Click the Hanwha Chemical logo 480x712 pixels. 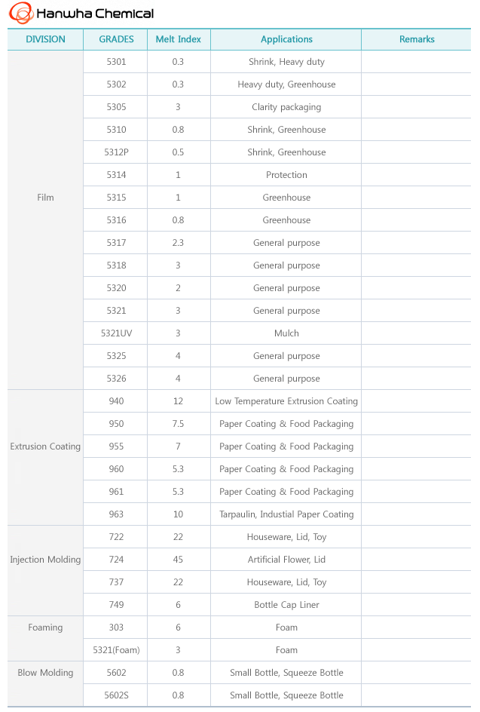(81, 13)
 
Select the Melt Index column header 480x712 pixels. (178, 39)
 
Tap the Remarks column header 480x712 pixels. (417, 39)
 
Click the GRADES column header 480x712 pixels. (116, 39)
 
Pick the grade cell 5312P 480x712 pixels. (116, 152)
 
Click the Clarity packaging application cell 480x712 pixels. (286, 107)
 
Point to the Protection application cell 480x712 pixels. (286, 175)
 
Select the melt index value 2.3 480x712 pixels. (178, 243)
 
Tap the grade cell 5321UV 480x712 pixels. (116, 333)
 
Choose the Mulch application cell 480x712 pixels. (286, 333)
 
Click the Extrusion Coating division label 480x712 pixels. (45, 447)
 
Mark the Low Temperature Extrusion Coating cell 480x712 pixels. (286, 401)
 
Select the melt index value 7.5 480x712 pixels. (178, 424)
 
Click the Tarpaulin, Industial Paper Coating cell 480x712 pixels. (286, 514)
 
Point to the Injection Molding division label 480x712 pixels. (45, 560)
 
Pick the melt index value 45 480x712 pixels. (178, 560)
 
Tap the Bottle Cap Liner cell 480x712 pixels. (286, 605)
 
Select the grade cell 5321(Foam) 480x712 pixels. (116, 650)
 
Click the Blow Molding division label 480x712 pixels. (45, 673)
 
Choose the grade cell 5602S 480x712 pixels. (116, 695)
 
